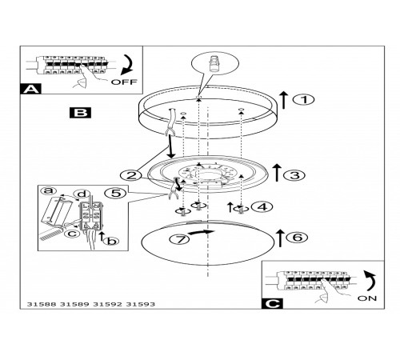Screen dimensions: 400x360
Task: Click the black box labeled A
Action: click(30, 89)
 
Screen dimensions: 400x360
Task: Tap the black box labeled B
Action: click(80, 113)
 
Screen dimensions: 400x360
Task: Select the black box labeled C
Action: click(272, 303)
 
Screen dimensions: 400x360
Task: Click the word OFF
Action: click(124, 82)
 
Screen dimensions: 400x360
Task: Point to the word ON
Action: click(367, 298)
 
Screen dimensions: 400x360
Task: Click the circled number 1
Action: click(304, 100)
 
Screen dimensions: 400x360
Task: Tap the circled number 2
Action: click(131, 176)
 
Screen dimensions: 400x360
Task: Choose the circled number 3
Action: click(294, 175)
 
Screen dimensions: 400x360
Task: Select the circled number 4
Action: click(262, 206)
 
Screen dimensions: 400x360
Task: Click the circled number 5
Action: click(116, 193)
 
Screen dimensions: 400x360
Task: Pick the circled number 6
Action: click(297, 237)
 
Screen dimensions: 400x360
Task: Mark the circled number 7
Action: click(179, 239)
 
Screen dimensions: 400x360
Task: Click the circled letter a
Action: click(49, 190)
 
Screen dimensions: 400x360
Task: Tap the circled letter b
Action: click(111, 241)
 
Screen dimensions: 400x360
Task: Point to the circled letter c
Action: click(72, 234)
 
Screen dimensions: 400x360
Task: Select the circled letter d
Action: click(82, 194)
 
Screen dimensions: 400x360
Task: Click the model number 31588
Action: click(42, 304)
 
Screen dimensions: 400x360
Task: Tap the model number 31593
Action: click(140, 304)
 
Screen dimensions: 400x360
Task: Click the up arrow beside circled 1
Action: click(284, 100)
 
